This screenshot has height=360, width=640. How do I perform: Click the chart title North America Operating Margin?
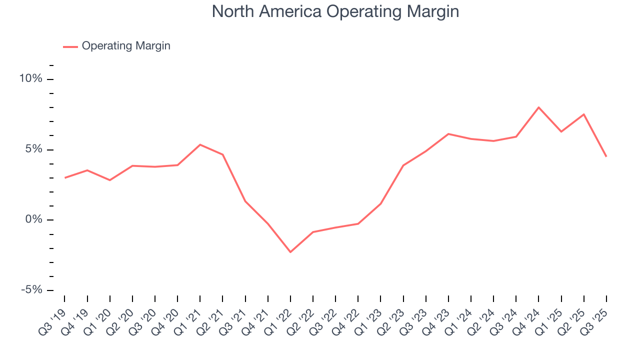point(335,11)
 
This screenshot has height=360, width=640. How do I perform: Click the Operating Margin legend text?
point(126,46)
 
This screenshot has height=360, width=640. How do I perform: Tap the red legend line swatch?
point(70,46)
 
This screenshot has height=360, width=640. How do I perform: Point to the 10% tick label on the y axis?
point(31,79)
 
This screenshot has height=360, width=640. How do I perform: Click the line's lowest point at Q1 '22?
point(290,252)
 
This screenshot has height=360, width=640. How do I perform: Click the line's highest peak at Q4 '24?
point(538,107)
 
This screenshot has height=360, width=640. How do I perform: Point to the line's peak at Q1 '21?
point(200,144)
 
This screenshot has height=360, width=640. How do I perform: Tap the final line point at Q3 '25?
point(606,156)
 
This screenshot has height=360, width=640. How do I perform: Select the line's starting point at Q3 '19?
point(65,178)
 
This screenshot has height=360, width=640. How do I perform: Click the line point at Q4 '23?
point(448,134)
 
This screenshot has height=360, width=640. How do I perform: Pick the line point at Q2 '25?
point(583,114)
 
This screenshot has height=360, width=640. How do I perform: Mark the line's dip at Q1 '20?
point(110,180)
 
